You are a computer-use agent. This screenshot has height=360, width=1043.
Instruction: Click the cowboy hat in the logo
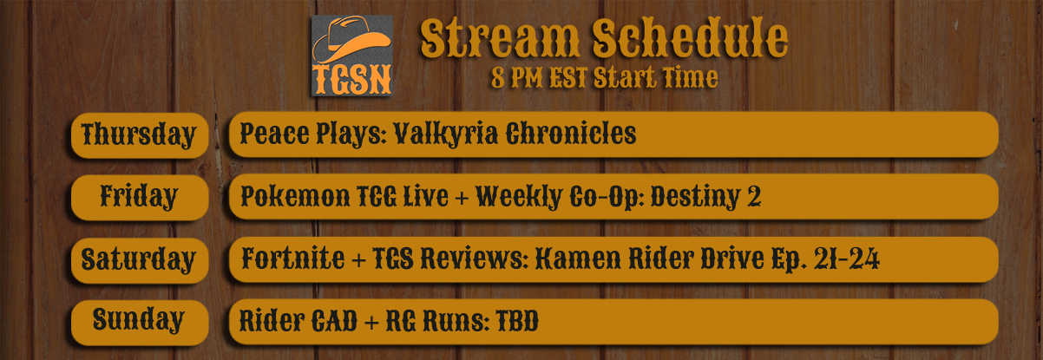coord(351,40)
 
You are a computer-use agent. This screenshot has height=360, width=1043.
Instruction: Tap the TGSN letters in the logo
coord(352,80)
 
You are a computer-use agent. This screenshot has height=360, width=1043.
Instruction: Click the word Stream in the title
coord(500,37)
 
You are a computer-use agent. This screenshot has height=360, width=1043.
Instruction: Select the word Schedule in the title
coord(690,37)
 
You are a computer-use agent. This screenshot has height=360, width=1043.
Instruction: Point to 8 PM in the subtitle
coord(516,78)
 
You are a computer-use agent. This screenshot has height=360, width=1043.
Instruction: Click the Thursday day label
coord(139,135)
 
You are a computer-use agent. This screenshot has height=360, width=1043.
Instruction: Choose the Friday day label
coord(139,197)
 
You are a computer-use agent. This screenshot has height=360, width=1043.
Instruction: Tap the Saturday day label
coord(138,260)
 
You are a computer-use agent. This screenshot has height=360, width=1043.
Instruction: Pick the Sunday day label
coord(139,321)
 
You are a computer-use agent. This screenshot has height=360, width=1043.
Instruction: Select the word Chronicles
coord(571,134)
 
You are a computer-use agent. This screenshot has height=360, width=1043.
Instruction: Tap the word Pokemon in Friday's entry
coord(295,197)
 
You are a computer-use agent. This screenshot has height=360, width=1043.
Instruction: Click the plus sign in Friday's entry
coord(462,198)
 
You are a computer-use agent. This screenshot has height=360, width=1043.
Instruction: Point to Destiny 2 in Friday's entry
coord(705,197)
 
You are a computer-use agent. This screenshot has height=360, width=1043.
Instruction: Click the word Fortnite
coord(293,259)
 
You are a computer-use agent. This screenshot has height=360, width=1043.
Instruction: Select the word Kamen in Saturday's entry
coord(578,259)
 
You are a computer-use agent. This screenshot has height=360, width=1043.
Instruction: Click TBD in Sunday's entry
coord(517,321)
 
